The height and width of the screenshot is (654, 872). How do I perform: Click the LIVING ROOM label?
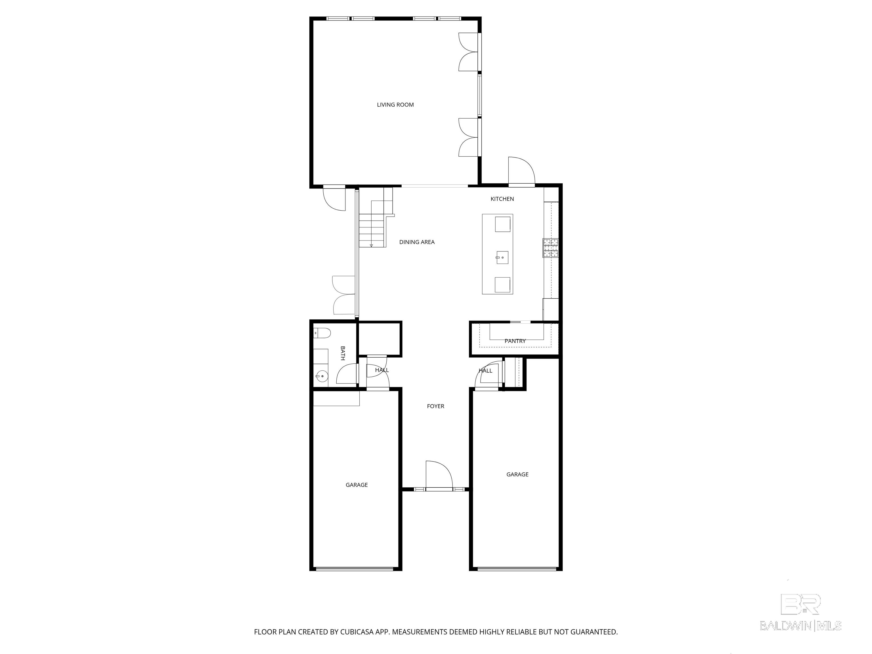[395, 104]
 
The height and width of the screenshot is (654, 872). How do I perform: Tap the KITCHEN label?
[502, 199]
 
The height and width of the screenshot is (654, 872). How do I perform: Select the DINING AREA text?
[417, 242]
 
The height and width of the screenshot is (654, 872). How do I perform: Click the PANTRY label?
[515, 341]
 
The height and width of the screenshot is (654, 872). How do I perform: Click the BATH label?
[343, 353]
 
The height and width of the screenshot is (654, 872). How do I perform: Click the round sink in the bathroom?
[322, 376]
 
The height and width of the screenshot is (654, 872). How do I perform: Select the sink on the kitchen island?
[502, 257]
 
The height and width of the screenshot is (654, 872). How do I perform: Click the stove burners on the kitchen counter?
[551, 248]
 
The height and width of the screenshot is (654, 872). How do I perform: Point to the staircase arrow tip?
[371, 246]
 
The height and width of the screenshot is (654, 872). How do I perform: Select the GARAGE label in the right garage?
[517, 474]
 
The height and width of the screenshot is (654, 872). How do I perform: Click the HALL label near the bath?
[381, 370]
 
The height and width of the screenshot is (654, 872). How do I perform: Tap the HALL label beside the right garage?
[485, 370]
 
